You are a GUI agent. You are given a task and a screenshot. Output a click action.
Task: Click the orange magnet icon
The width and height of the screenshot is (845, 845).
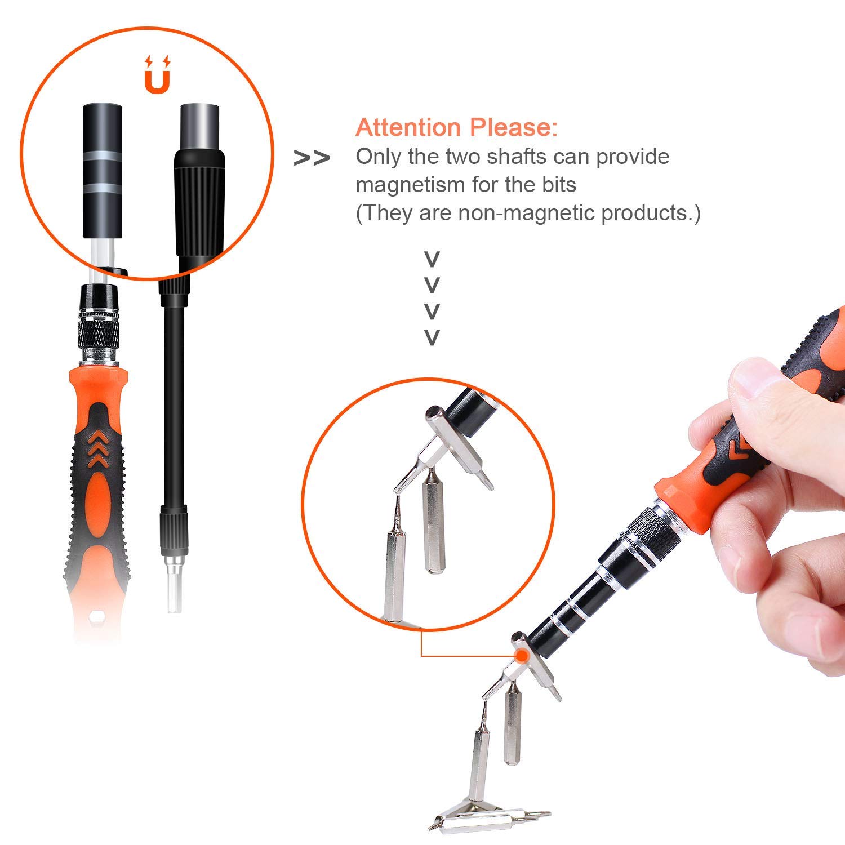click(x=157, y=75)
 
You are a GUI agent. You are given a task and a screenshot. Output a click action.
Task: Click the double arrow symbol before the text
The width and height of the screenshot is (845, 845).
click(x=312, y=159)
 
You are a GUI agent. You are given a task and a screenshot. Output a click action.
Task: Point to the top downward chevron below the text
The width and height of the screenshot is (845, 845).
click(x=432, y=260)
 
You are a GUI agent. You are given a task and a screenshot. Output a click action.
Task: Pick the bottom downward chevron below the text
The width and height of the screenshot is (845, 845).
click(x=432, y=337)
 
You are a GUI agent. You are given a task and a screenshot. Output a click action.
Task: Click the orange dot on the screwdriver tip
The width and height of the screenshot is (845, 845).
click(x=522, y=655)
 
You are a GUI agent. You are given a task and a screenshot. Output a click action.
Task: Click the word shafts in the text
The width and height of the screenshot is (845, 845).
click(x=517, y=157)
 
